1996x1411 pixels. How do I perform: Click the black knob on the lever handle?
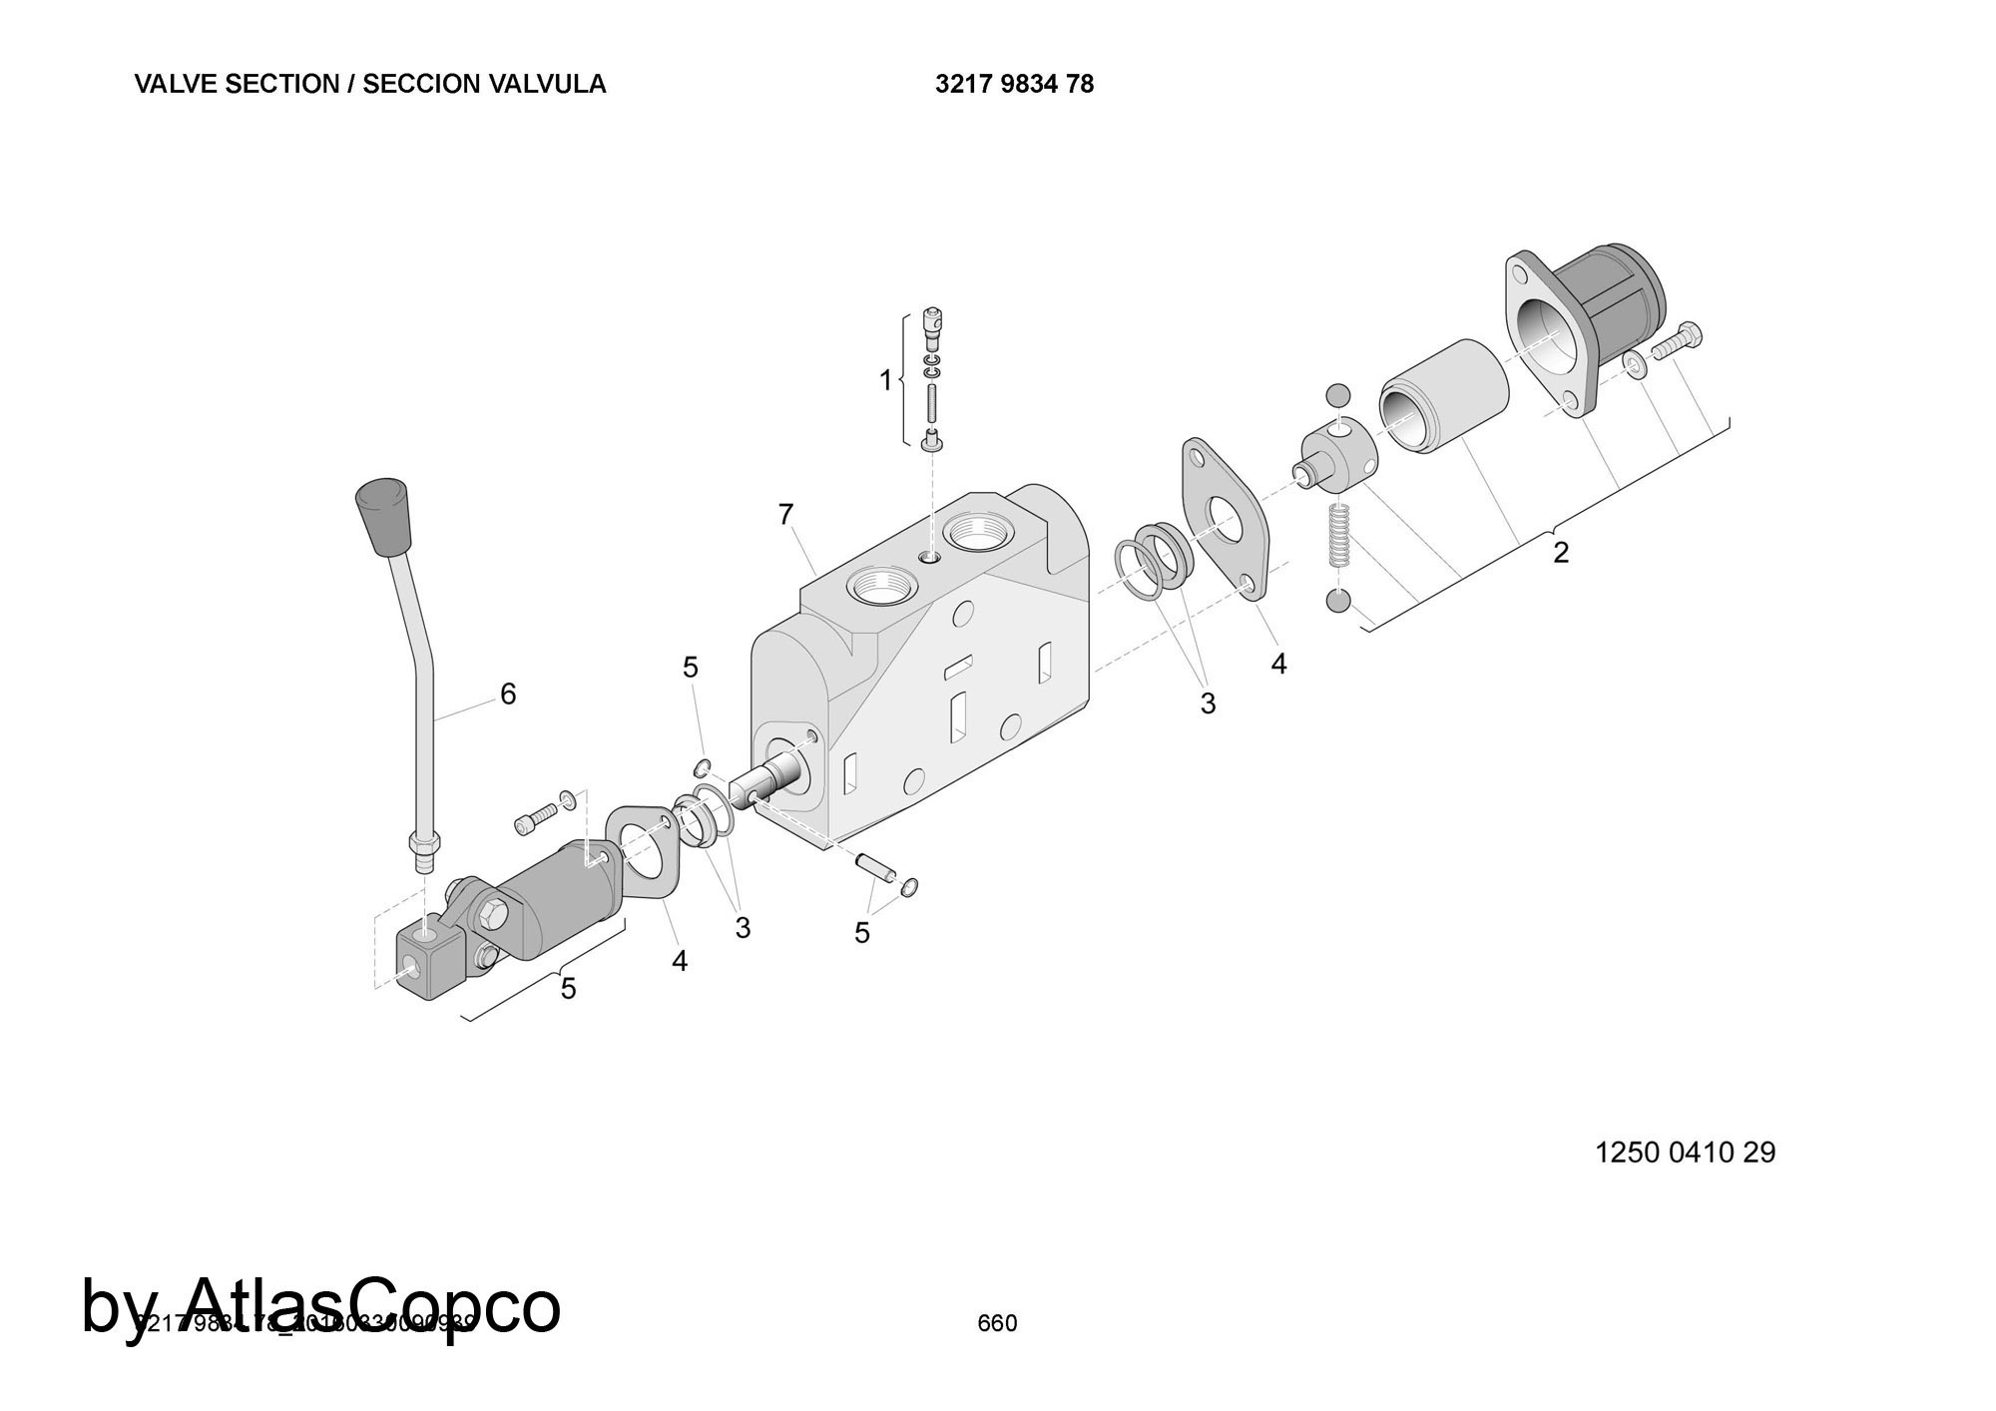(x=383, y=516)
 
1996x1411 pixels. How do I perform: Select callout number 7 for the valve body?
(x=785, y=515)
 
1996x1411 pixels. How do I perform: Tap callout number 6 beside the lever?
(x=508, y=694)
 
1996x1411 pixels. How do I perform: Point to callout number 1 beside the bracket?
(x=885, y=380)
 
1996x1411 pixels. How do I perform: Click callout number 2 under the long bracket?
(x=1561, y=552)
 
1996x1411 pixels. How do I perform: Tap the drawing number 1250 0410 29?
(x=1686, y=1153)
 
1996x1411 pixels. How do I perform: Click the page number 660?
(x=997, y=1323)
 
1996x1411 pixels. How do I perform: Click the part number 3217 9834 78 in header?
(x=1014, y=85)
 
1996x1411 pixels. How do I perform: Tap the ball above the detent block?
(x=1338, y=395)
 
